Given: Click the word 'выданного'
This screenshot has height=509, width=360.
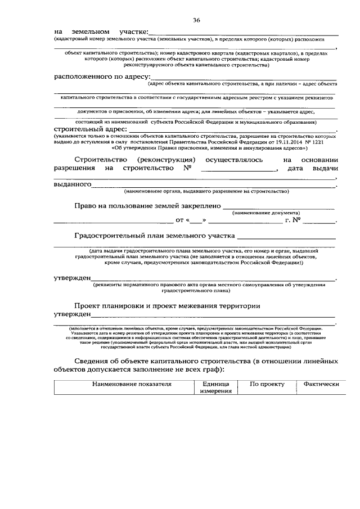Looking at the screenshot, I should (x=73, y=184).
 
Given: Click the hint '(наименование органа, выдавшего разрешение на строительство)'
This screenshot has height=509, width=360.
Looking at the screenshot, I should (x=207, y=191).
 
